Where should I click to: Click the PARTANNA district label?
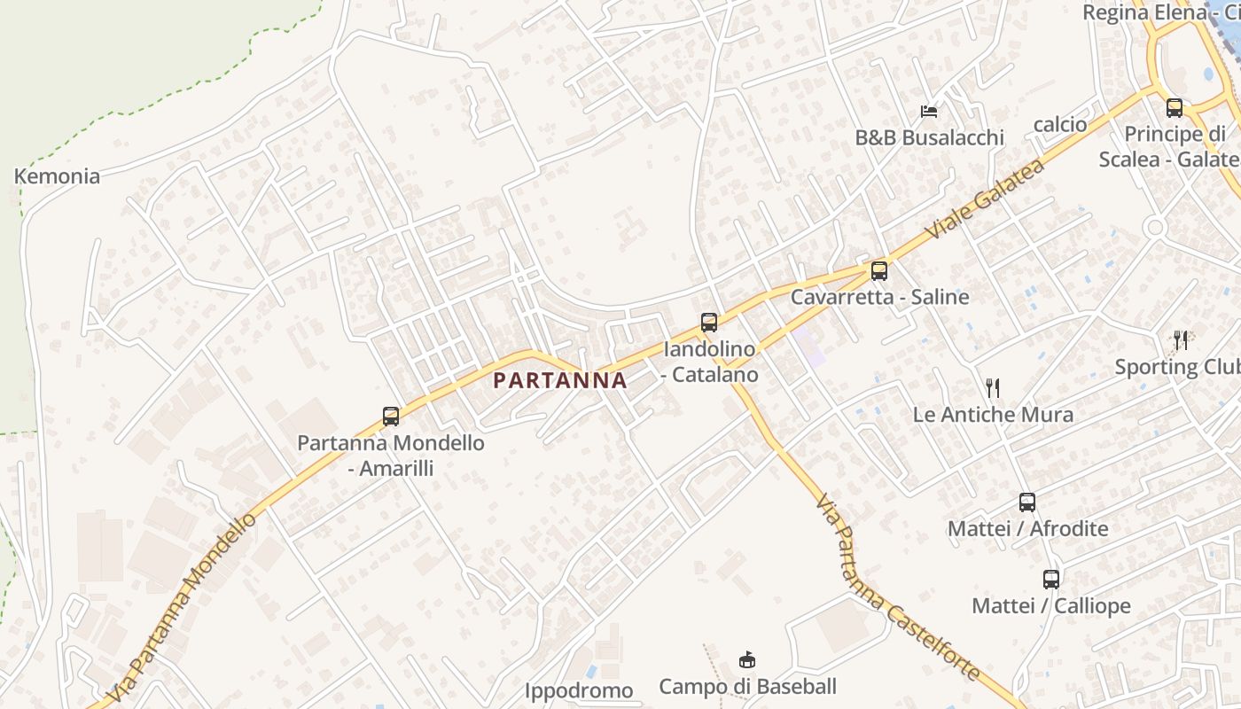559,380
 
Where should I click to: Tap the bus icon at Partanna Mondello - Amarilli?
391,416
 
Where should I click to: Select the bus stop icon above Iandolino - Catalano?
709,322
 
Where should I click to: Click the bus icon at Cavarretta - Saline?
879,270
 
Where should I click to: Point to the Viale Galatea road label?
985,199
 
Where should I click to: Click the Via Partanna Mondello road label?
184,607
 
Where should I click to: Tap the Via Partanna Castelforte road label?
896,587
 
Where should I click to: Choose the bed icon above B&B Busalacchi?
929,112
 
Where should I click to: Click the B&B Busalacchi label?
929,137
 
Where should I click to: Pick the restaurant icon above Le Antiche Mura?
993,387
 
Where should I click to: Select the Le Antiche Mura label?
993,414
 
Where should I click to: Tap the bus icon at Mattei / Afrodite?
1027,503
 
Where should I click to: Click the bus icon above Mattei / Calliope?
1051,580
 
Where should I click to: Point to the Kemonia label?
57,175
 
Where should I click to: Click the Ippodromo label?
579,690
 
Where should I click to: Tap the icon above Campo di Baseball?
747,659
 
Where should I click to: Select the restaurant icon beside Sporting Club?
1181,340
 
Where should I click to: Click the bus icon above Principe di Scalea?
1175,108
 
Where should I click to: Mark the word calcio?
1060,124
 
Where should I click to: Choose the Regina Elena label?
1144,12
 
